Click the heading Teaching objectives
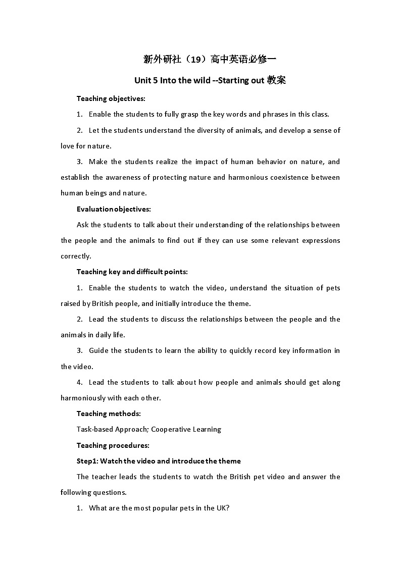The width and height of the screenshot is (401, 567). coord(111,98)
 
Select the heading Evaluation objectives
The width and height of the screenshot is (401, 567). coord(114,209)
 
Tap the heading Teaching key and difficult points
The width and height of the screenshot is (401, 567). coord(132,272)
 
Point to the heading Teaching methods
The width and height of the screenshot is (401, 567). coord(109,414)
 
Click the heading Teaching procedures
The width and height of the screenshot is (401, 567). coord(113,445)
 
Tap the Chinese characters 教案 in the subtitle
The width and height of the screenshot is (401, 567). coord(277,80)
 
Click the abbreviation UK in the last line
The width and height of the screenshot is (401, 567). coord(221,508)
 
